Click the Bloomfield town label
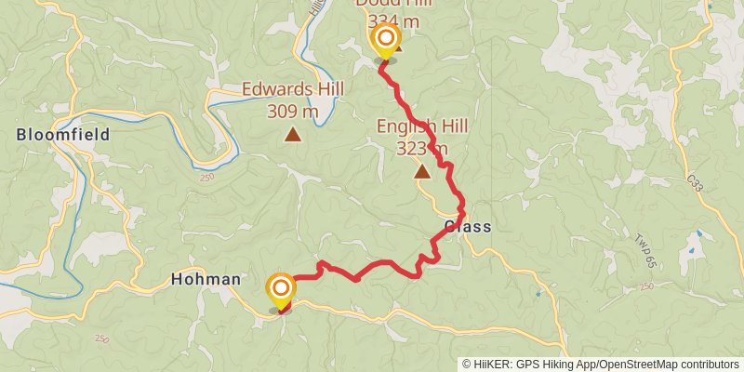pyautogui.click(x=63, y=135)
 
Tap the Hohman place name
pyautogui.click(x=206, y=279)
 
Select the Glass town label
pyautogui.click(x=467, y=227)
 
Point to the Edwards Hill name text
pyautogui.click(x=293, y=89)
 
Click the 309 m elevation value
pyautogui.click(x=293, y=111)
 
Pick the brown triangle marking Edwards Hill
pyautogui.click(x=293, y=135)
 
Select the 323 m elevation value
pyautogui.click(x=422, y=148)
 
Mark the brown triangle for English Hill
pyautogui.click(x=422, y=171)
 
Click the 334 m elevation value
pyautogui.click(x=394, y=20)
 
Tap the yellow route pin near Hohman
pyautogui.click(x=281, y=288)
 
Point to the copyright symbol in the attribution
pyautogui.click(x=468, y=364)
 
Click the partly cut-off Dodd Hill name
pyautogui.click(x=394, y=4)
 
